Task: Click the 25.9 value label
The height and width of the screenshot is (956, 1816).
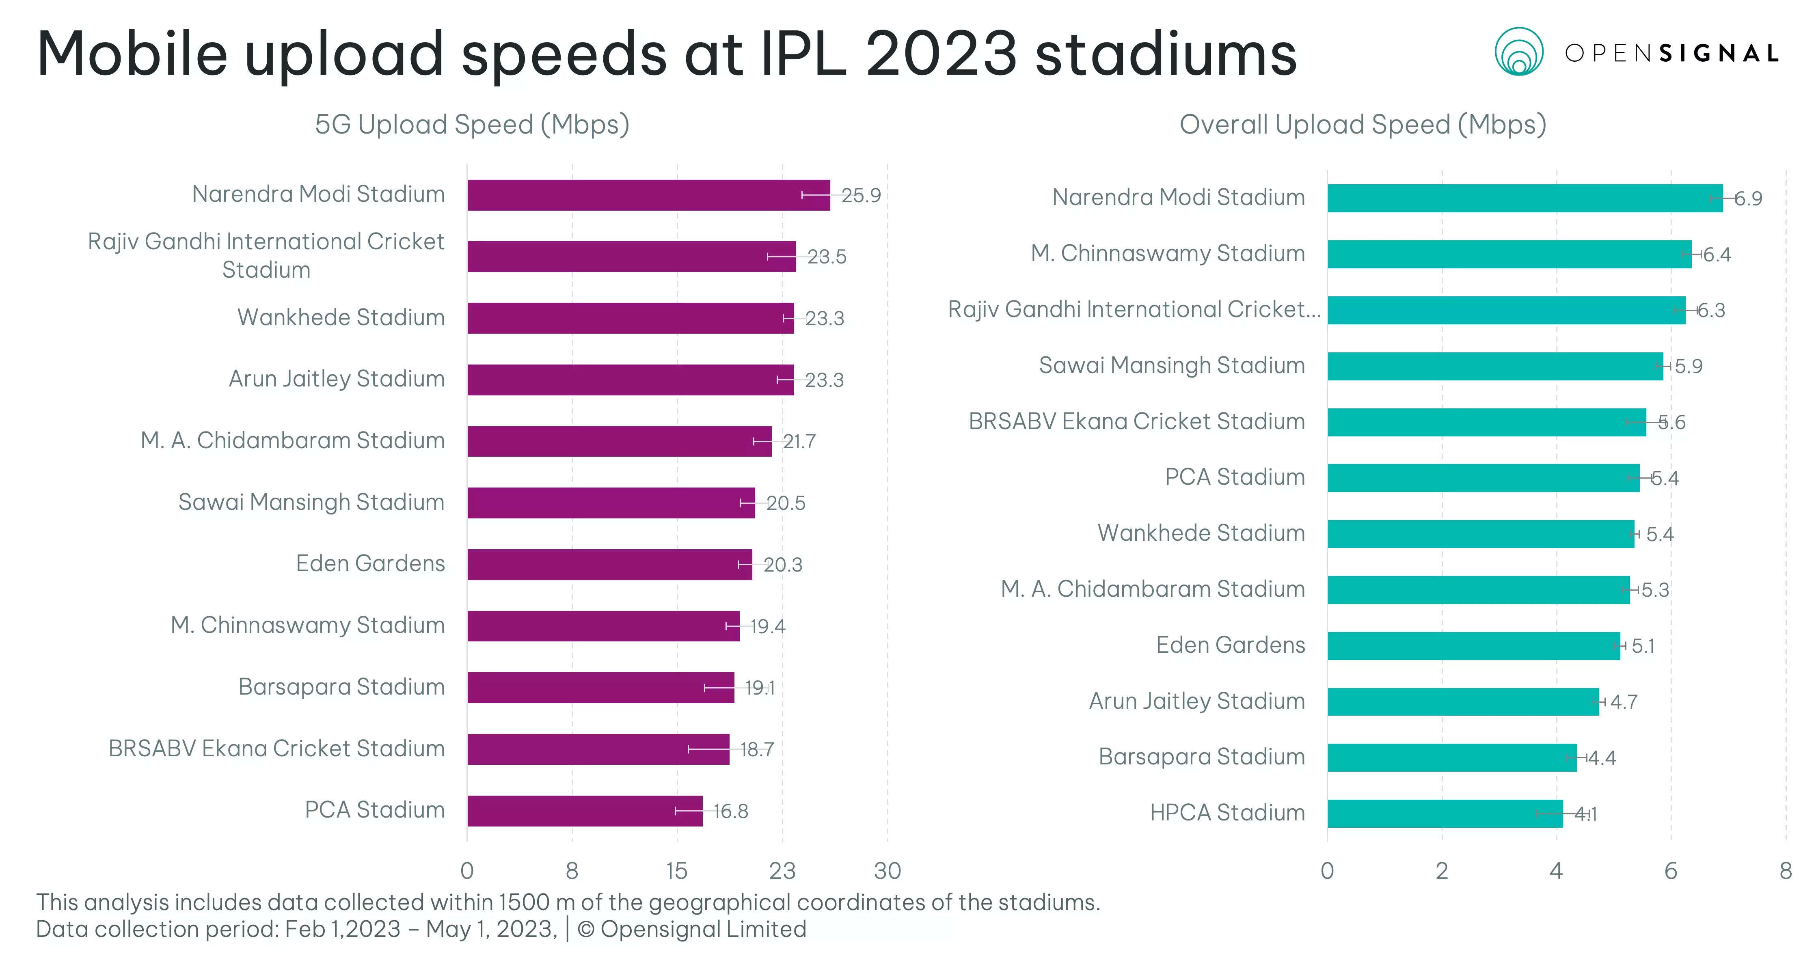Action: pos(861,195)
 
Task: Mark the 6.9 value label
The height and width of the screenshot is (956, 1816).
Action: pos(1748,199)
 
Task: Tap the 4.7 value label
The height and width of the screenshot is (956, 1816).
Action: pos(1624,702)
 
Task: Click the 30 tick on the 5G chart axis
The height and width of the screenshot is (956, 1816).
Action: pos(887,872)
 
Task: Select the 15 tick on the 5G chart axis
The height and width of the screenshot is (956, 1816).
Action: pos(677,872)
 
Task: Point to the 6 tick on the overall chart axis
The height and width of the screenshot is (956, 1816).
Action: pos(1670,872)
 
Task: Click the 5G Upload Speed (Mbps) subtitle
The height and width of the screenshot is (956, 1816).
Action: pos(472,124)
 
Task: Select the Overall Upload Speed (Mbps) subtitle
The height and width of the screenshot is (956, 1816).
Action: pos(1362,124)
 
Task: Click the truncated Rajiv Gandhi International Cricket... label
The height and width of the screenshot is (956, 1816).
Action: pos(1134,309)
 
